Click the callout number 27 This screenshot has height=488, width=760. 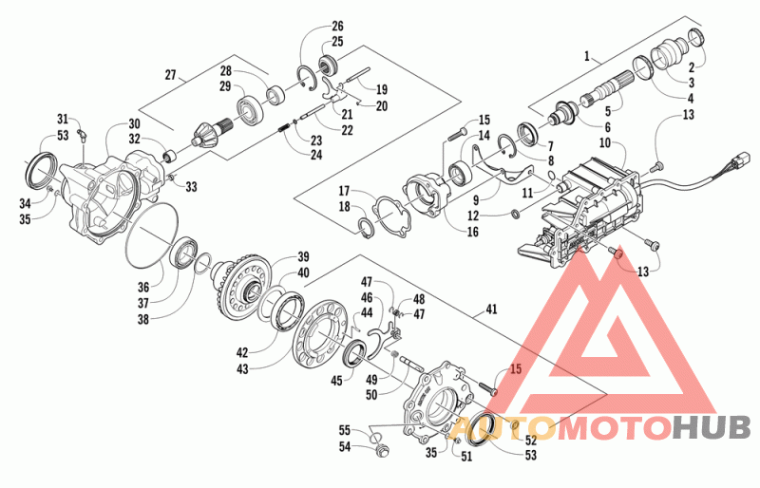pyautogui.click(x=170, y=75)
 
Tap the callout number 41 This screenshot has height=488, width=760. pyautogui.click(x=491, y=309)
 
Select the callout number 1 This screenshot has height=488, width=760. pyautogui.click(x=587, y=57)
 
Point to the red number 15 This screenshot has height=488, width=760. pyautogui.click(x=516, y=369)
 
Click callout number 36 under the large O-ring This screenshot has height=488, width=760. pyautogui.click(x=143, y=288)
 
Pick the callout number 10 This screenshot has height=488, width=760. pyautogui.click(x=604, y=143)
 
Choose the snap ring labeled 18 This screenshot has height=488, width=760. pyautogui.click(x=368, y=228)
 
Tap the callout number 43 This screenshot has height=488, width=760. pyautogui.click(x=242, y=369)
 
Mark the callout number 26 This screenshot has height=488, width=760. pyautogui.click(x=337, y=26)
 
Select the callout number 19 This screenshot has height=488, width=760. pyautogui.click(x=382, y=89)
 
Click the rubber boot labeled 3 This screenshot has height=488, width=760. pyautogui.click(x=671, y=55)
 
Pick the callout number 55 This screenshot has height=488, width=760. pyautogui.click(x=345, y=430)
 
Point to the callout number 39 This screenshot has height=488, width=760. pyautogui.click(x=303, y=256)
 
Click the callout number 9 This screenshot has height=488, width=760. pyautogui.click(x=476, y=199)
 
